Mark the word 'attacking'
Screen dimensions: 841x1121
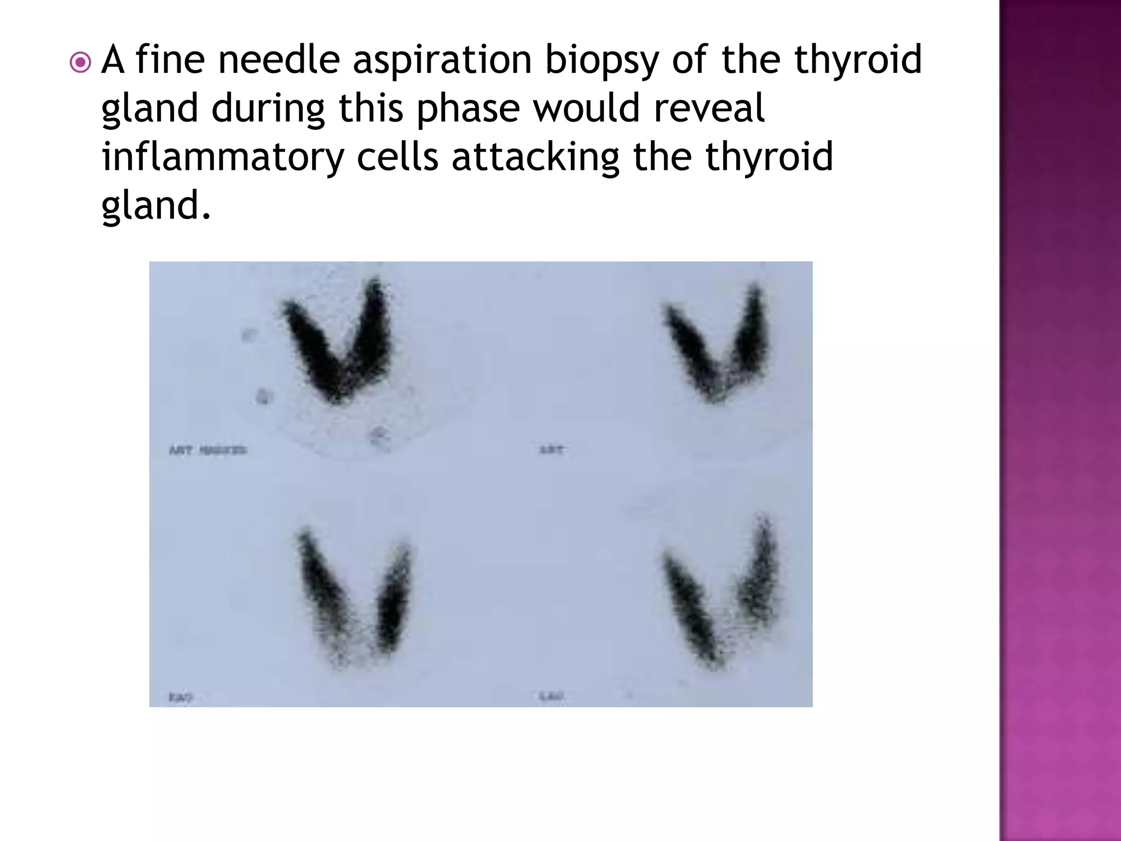point(535,158)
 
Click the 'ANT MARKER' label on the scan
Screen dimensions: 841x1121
point(207,450)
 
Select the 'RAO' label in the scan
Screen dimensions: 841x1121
point(181,698)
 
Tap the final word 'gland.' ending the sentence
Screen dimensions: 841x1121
point(156,206)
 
